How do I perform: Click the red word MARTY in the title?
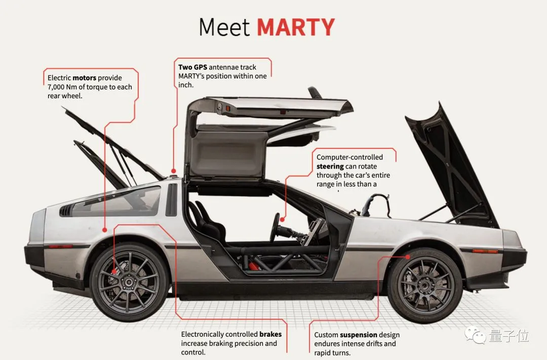pos(296,27)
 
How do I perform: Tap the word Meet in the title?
pos(224,27)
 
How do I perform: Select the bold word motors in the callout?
pos(85,78)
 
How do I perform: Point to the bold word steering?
pos(330,166)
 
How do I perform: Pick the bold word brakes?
pos(270,334)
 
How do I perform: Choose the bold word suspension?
pos(359,335)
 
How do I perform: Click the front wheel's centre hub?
pos(425,282)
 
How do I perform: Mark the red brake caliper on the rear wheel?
pos(114,269)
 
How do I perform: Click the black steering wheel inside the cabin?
pos(277,228)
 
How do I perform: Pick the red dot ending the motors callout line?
pos(105,230)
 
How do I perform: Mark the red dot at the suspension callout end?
pos(408,257)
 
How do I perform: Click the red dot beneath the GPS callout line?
pos(174,171)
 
